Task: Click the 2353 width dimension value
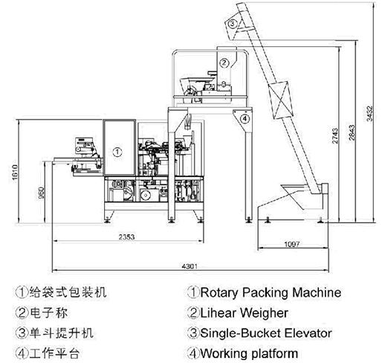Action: coord(126,237)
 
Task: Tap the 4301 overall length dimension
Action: coord(190,266)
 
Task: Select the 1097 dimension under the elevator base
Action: coord(292,244)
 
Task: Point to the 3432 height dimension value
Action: coord(369,114)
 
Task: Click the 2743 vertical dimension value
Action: coord(335,135)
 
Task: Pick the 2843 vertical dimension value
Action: coord(352,133)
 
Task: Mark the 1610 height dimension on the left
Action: coord(15,172)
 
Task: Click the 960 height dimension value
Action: coord(42,193)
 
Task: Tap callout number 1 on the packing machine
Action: coord(117,152)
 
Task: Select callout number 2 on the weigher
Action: coord(224,62)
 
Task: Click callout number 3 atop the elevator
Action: coord(233,24)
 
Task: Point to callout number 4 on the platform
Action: coord(245,119)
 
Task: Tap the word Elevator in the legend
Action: coord(308,333)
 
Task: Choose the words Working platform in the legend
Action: coord(249,353)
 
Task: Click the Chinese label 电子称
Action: coord(48,312)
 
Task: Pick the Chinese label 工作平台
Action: coord(54,353)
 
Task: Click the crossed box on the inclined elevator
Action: coord(281,100)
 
